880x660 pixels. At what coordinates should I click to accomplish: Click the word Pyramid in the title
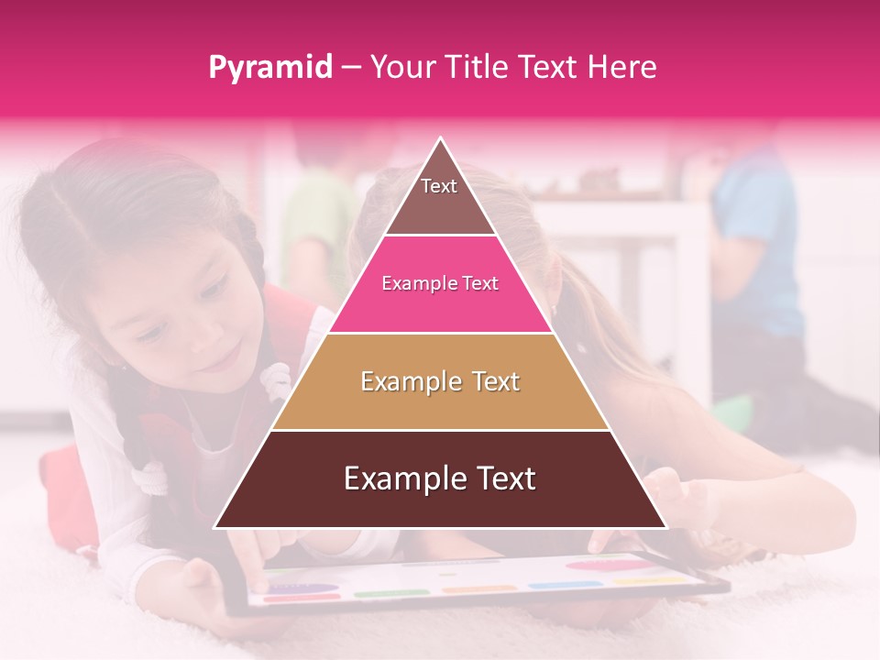click(269, 68)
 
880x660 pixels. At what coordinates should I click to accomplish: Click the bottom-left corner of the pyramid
click(216, 526)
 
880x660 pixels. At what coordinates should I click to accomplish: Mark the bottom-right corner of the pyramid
click(665, 526)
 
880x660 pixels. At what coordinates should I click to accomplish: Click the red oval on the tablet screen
click(600, 566)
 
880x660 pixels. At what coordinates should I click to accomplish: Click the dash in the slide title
click(350, 68)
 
